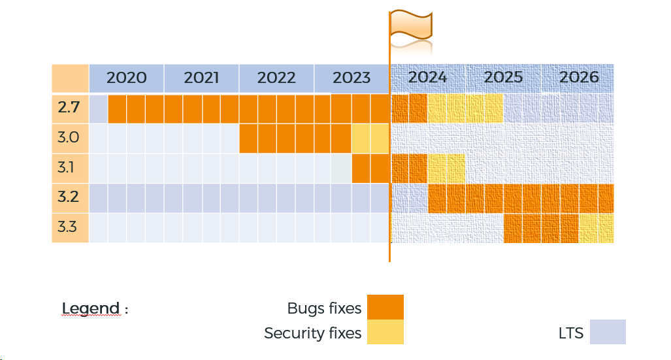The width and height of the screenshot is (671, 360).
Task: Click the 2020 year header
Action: [127, 78]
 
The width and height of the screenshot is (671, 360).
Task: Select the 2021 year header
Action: [201, 78]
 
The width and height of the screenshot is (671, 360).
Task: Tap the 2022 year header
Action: [276, 78]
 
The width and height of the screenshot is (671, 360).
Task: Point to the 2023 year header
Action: [352, 78]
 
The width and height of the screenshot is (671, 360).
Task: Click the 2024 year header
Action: [427, 77]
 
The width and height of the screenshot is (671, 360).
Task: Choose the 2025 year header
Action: [503, 77]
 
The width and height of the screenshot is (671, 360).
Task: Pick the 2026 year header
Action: [579, 77]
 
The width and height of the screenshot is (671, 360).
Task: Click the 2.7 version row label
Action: [69, 108]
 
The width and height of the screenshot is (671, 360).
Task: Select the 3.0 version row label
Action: [69, 138]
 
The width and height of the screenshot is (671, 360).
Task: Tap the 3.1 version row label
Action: [67, 167]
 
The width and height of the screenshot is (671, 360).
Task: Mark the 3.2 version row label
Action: [68, 197]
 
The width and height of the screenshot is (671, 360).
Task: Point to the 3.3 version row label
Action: [68, 227]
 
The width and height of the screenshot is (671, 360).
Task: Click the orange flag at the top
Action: [411, 25]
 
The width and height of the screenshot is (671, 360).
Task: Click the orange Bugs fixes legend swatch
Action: [385, 307]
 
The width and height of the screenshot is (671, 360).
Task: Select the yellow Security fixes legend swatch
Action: [385, 332]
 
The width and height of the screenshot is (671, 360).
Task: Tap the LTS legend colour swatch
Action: [608, 332]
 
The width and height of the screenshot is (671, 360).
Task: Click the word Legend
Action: [91, 308]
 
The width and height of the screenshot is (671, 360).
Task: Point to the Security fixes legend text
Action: [312, 333]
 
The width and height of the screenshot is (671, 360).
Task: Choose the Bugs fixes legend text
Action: [324, 308]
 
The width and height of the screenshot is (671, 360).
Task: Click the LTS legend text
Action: [570, 333]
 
